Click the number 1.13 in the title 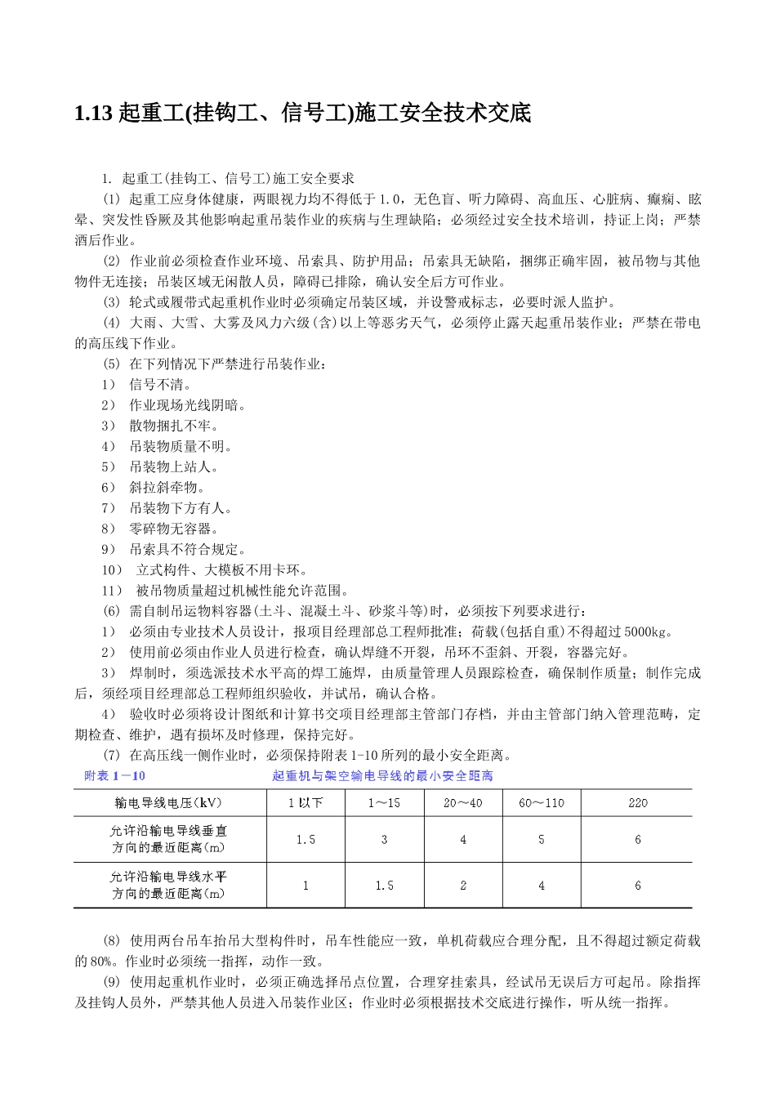point(92,113)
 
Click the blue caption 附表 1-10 point(114,775)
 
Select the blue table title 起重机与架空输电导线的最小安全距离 point(382,775)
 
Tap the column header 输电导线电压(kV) point(169,802)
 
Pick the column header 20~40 point(462,802)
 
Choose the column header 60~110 point(541,802)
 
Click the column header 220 point(638,802)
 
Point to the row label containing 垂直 point(169,839)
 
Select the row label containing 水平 point(169,885)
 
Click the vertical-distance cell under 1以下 point(305,839)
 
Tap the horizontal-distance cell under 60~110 point(541,885)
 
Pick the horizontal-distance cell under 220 point(638,885)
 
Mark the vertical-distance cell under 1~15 point(384,839)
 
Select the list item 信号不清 point(160,385)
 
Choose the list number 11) point(112,591)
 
